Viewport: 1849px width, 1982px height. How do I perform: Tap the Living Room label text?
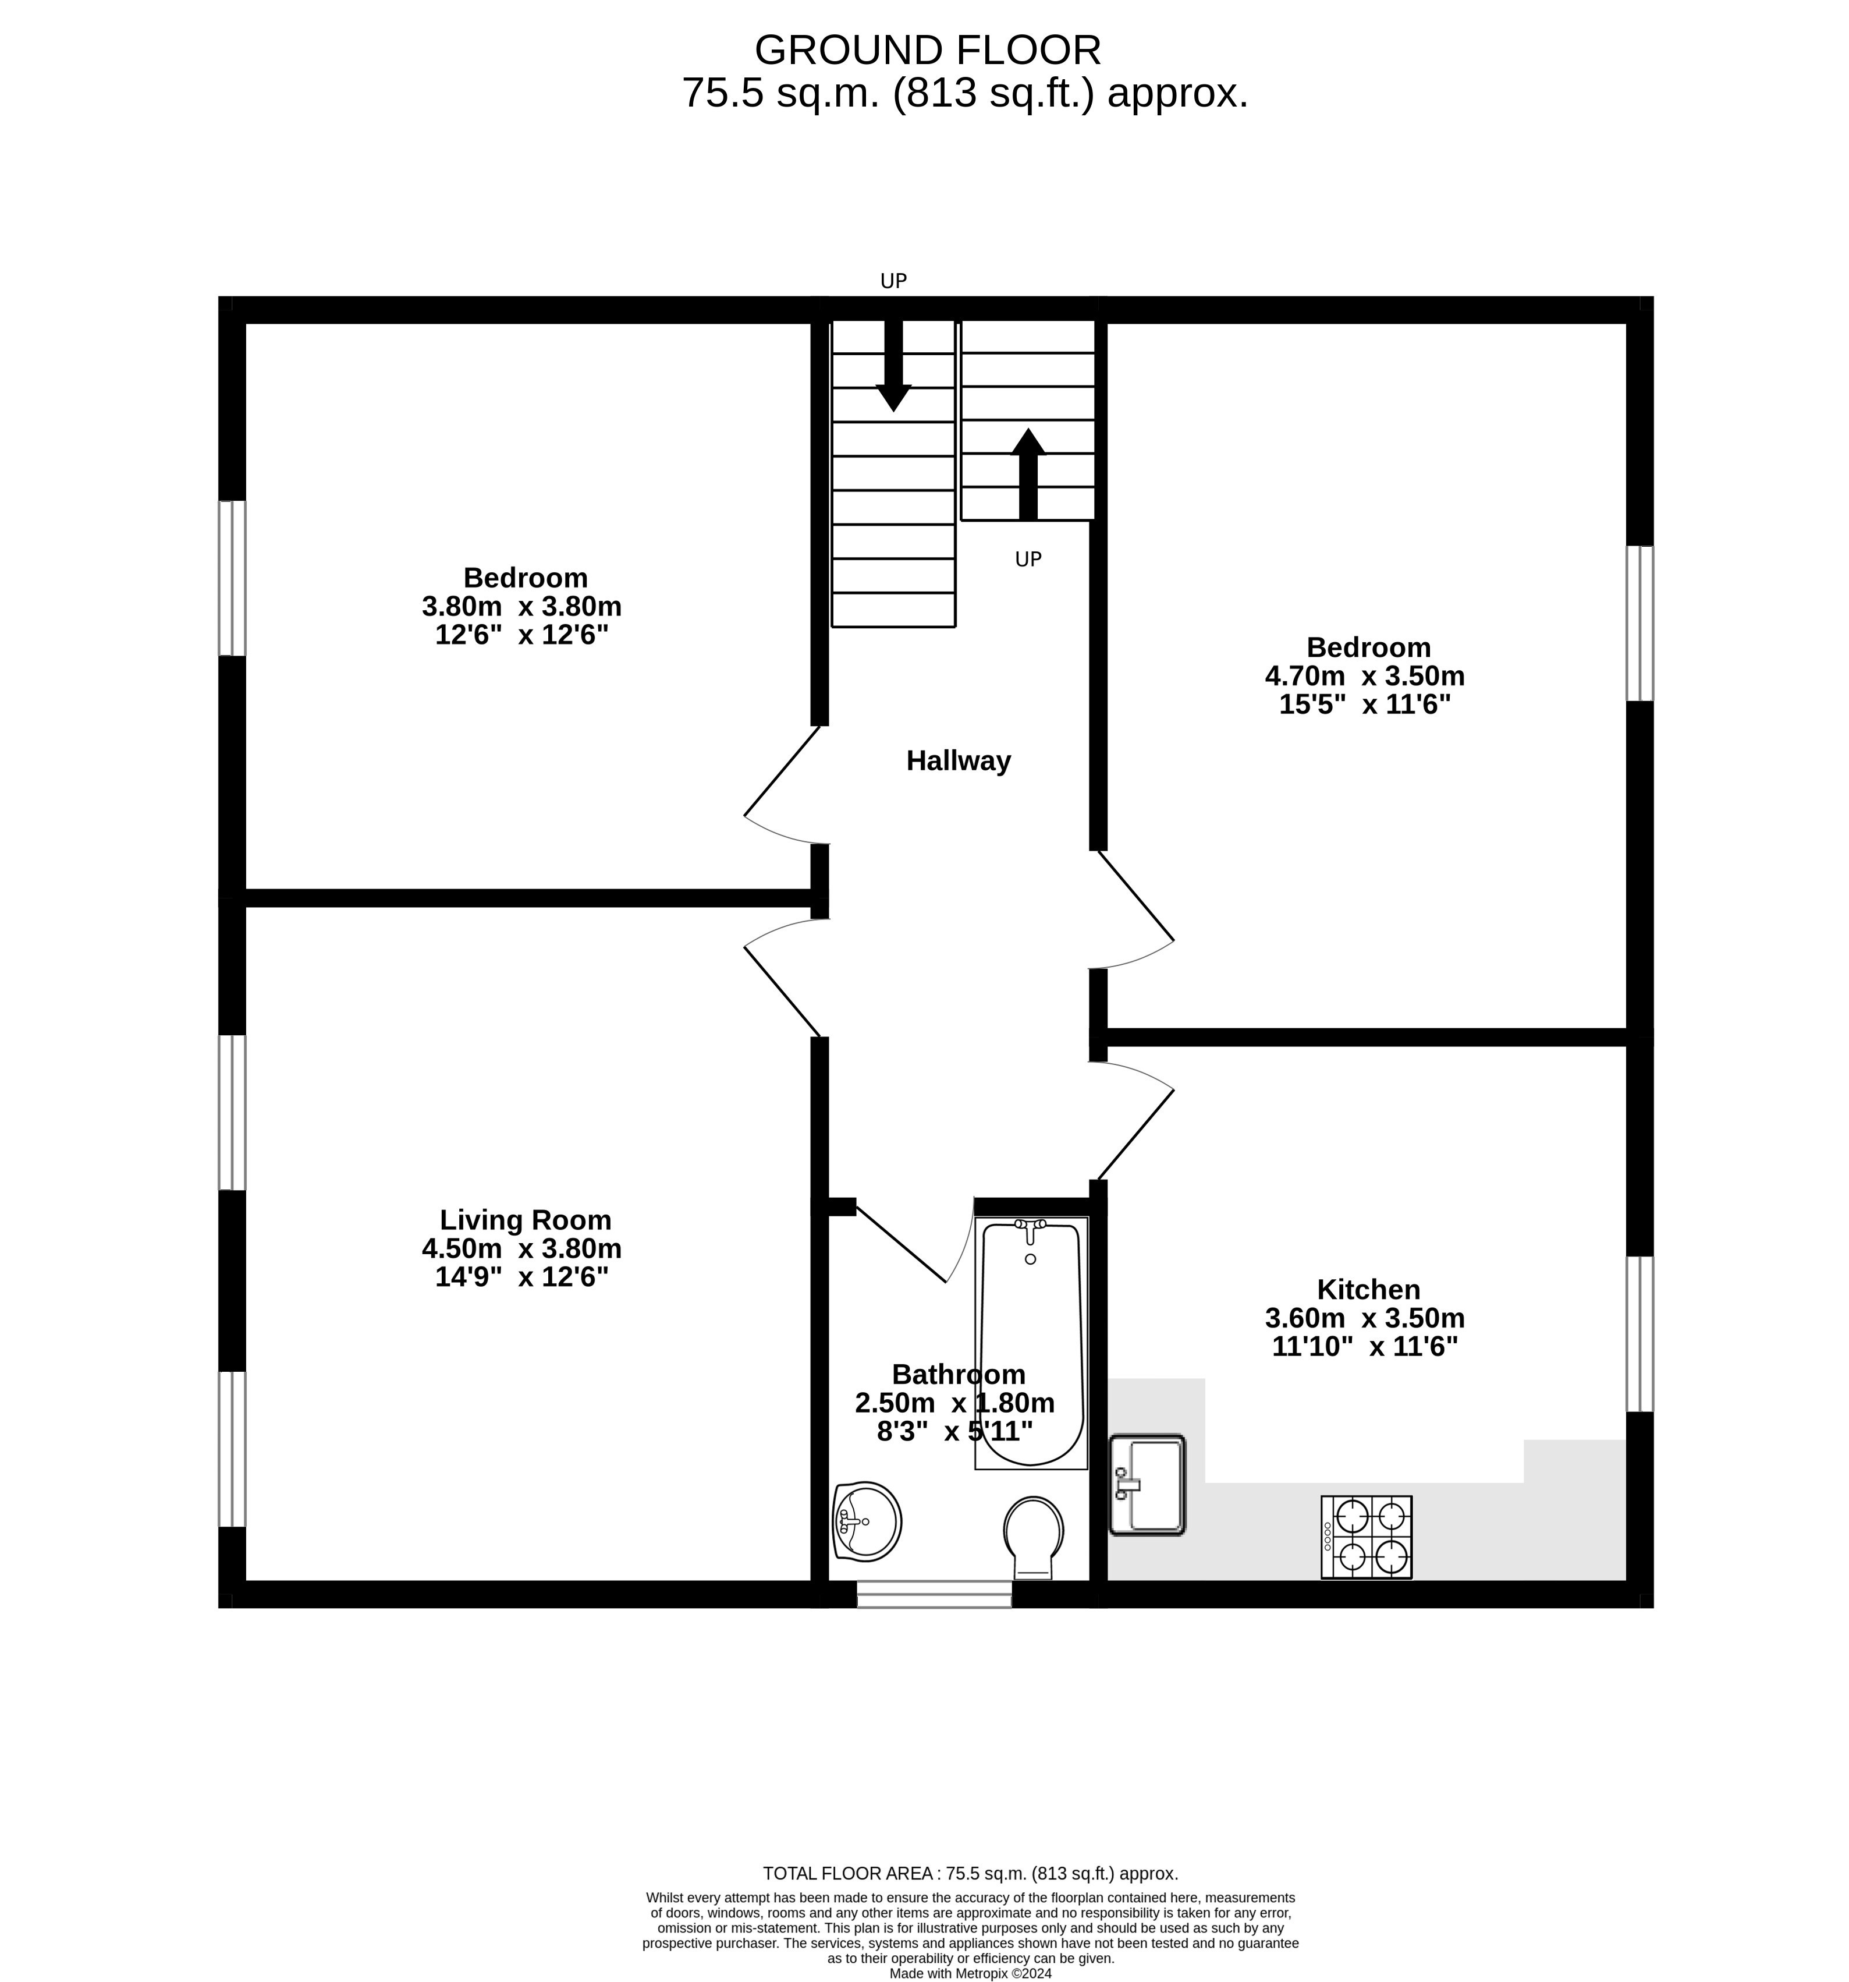pyautogui.click(x=526, y=1220)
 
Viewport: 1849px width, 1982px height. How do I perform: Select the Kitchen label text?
pyautogui.click(x=1368, y=1289)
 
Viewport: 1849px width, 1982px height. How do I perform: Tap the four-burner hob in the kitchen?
pyautogui.click(x=1365, y=1537)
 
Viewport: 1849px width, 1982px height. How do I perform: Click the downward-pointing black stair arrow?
pyautogui.click(x=893, y=366)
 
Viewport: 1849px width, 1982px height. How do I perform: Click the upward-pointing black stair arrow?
pyautogui.click(x=1028, y=473)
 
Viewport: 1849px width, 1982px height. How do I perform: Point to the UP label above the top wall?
pyautogui.click(x=893, y=281)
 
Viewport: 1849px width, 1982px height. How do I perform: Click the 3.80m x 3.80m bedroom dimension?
pyautogui.click(x=521, y=606)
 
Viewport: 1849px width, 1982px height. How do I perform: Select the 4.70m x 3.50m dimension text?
pyautogui.click(x=1365, y=676)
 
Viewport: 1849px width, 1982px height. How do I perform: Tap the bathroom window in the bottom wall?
pyautogui.click(x=934, y=1593)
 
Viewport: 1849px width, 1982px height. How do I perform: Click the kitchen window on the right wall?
pyautogui.click(x=1639, y=1334)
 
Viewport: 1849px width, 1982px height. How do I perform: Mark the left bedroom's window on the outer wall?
pyautogui.click(x=232, y=578)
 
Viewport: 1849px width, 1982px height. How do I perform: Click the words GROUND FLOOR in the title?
pyautogui.click(x=927, y=50)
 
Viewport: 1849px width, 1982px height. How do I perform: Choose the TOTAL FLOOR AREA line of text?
pyautogui.click(x=970, y=1873)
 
